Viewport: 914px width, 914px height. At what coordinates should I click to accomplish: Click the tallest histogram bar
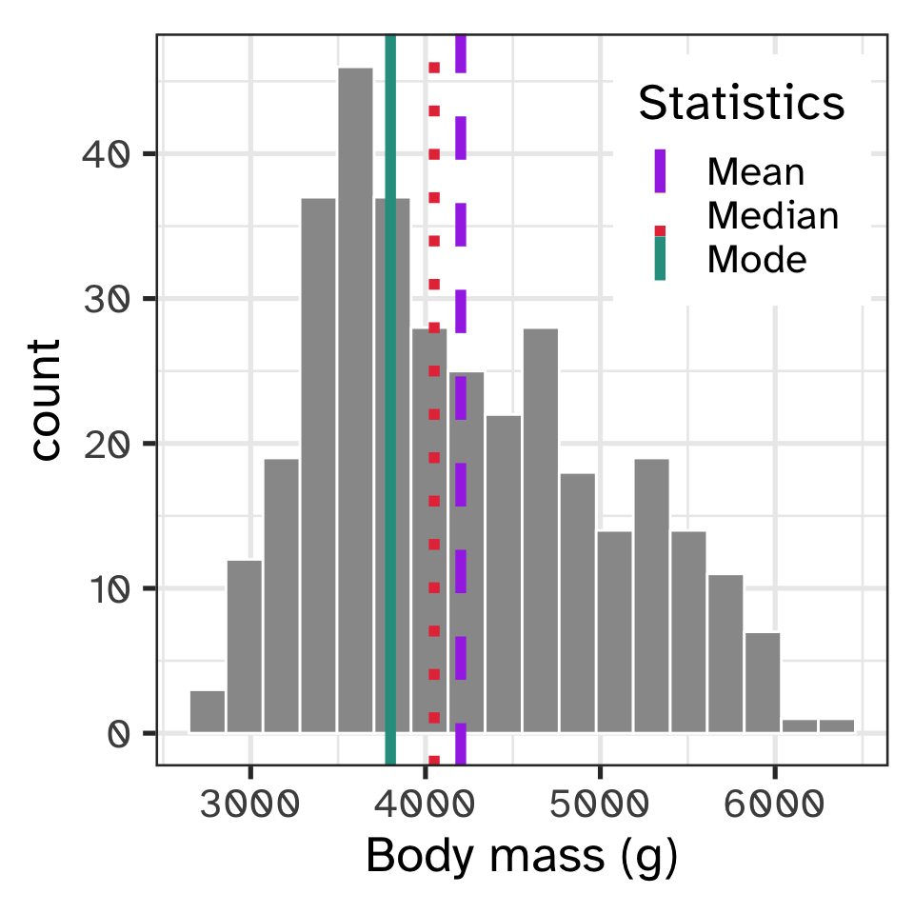tap(355, 400)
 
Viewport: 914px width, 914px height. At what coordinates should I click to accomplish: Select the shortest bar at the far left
tap(207, 712)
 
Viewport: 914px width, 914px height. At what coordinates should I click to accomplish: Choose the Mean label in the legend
tap(756, 172)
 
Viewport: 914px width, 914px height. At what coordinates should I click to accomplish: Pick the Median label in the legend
tap(773, 216)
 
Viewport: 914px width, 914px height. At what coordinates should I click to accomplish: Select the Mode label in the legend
tap(757, 259)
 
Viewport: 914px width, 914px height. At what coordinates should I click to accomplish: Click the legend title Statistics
tap(742, 103)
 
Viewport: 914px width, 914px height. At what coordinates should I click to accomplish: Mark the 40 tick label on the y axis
tap(104, 154)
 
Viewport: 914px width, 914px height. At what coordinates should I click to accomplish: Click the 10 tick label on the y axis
tap(104, 588)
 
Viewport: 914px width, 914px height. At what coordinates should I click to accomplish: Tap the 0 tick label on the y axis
tap(117, 734)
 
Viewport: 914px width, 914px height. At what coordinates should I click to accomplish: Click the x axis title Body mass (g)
tap(522, 857)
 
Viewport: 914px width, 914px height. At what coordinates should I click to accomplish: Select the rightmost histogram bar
tap(837, 725)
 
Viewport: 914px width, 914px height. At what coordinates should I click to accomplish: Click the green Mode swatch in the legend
tap(660, 260)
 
